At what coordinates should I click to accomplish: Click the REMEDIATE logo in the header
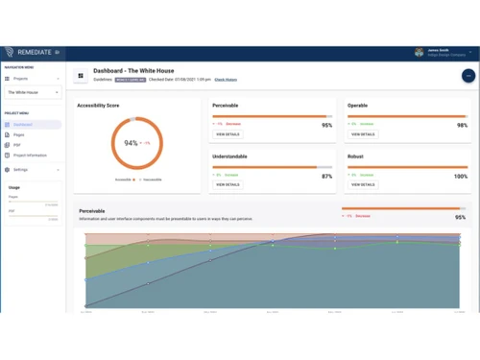pos(30,52)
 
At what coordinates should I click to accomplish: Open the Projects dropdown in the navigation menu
pos(33,79)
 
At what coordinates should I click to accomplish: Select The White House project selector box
pos(33,93)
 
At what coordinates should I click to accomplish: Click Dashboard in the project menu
pos(23,125)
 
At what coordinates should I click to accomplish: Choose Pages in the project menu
pos(19,135)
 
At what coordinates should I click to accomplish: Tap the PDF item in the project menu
pos(18,145)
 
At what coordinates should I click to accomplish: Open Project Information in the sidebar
pos(30,156)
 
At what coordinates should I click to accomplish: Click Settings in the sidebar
pos(21,170)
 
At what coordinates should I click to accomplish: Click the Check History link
pos(226,80)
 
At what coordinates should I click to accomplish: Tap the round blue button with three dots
pos(468,75)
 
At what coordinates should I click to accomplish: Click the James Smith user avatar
pos(420,53)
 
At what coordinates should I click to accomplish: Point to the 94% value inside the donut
pos(132,143)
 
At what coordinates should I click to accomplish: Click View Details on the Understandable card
pos(228,184)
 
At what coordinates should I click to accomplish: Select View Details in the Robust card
pos(363,184)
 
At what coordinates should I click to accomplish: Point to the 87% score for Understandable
pos(326,177)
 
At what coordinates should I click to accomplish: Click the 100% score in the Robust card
pos(461,177)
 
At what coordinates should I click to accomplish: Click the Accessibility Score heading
pos(100,106)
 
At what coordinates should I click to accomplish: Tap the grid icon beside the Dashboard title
pos(81,75)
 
